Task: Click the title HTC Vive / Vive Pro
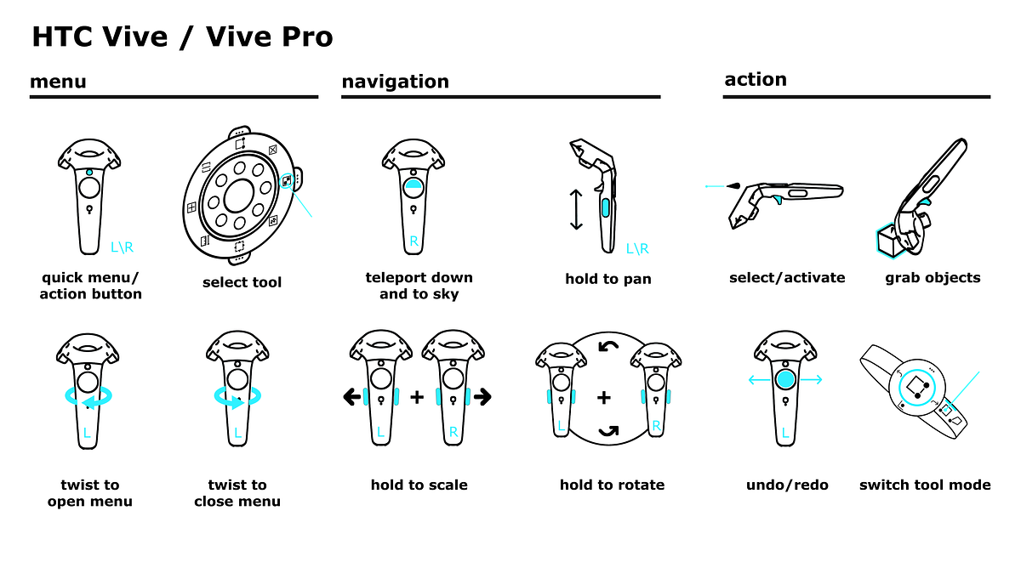182,37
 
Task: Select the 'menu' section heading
58,82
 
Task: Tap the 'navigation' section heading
395,82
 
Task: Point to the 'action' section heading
756,80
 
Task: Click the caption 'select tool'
242,282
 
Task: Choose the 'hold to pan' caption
608,279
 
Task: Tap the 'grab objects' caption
933,278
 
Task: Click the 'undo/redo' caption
787,485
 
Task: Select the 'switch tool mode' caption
925,485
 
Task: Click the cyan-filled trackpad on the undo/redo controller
785,379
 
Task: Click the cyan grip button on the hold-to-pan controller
605,207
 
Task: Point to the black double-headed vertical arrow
576,209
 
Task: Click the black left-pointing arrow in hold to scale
352,397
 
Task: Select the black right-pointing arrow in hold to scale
482,397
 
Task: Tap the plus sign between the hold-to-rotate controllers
604,398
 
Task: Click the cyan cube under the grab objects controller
888,241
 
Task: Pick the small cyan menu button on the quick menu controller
89,173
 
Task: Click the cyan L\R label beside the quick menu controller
123,247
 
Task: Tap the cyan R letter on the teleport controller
414,241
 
